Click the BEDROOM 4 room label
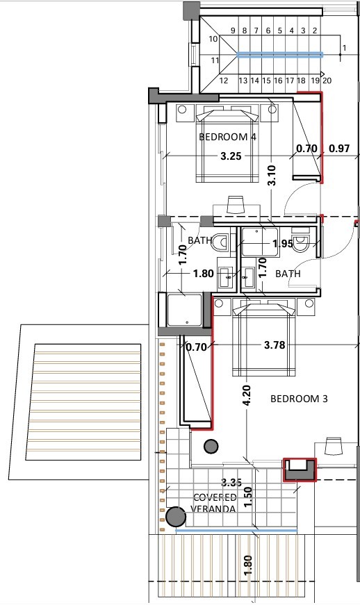click(x=227, y=137)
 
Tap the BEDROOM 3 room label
click(x=298, y=399)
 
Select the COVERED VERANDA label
click(x=215, y=503)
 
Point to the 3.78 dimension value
click(x=275, y=344)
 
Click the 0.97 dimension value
click(x=339, y=148)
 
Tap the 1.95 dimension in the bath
click(x=282, y=244)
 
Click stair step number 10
click(x=213, y=40)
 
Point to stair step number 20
click(x=327, y=81)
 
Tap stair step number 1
click(x=344, y=48)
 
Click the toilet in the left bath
click(x=222, y=243)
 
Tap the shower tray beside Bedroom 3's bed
click(x=184, y=310)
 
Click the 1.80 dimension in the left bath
click(x=203, y=274)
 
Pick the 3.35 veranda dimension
click(x=231, y=482)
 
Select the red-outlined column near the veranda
click(x=299, y=470)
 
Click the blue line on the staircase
click(x=281, y=53)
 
